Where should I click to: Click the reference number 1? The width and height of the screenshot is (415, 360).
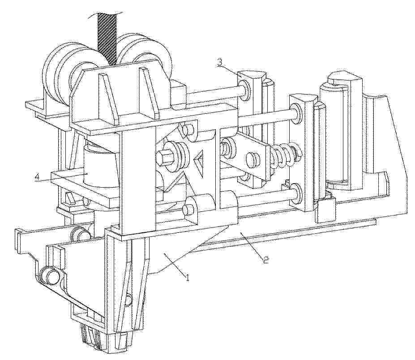(x=188, y=278)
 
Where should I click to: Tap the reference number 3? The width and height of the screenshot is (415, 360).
(x=220, y=64)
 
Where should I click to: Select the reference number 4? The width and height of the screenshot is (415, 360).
(x=38, y=176)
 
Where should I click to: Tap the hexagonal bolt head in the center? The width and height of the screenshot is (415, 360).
(x=163, y=157)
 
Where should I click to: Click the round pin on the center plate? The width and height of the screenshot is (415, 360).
(x=253, y=159)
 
